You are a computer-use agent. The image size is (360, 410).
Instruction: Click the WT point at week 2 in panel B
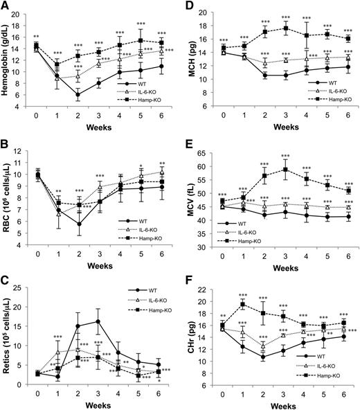point(80,224)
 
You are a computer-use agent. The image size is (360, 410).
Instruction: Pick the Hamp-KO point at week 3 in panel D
point(283,28)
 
